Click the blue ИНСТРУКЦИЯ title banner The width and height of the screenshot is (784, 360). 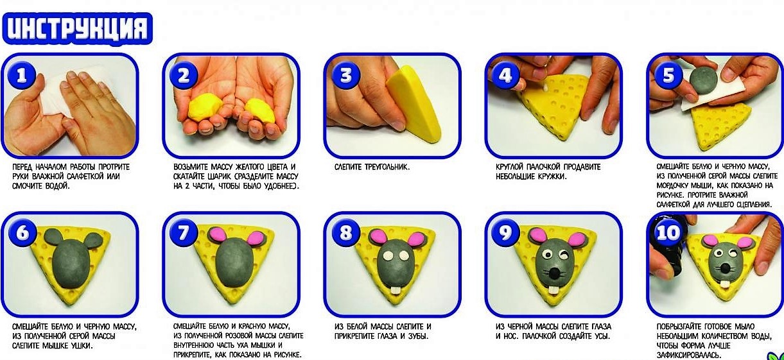(77, 29)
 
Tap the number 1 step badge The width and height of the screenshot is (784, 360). (22, 74)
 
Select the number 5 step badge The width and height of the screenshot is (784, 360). (668, 74)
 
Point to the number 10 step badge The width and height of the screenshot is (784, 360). (668, 232)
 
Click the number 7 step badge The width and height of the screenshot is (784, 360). (184, 232)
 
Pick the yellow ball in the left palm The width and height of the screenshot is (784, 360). (205, 108)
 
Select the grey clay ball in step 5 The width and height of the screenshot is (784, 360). (704, 80)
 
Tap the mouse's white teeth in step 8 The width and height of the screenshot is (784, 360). (396, 291)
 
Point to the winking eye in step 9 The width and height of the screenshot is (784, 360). (564, 255)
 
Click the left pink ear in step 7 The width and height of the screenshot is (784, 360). (218, 234)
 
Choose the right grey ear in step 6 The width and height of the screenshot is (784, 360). (94, 241)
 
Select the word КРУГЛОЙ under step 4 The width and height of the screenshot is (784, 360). (510, 167)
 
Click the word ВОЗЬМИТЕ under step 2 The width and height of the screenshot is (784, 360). (191, 167)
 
